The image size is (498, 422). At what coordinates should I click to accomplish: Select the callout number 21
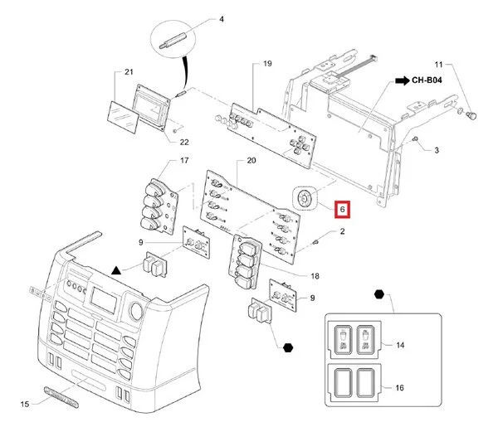[129, 73]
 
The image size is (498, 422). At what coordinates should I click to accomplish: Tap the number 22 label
[184, 143]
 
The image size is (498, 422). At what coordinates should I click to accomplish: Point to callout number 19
[267, 64]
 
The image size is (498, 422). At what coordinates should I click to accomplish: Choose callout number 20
[241, 160]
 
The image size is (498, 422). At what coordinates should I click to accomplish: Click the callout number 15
[25, 404]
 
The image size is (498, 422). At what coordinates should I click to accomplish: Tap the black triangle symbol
[117, 270]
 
